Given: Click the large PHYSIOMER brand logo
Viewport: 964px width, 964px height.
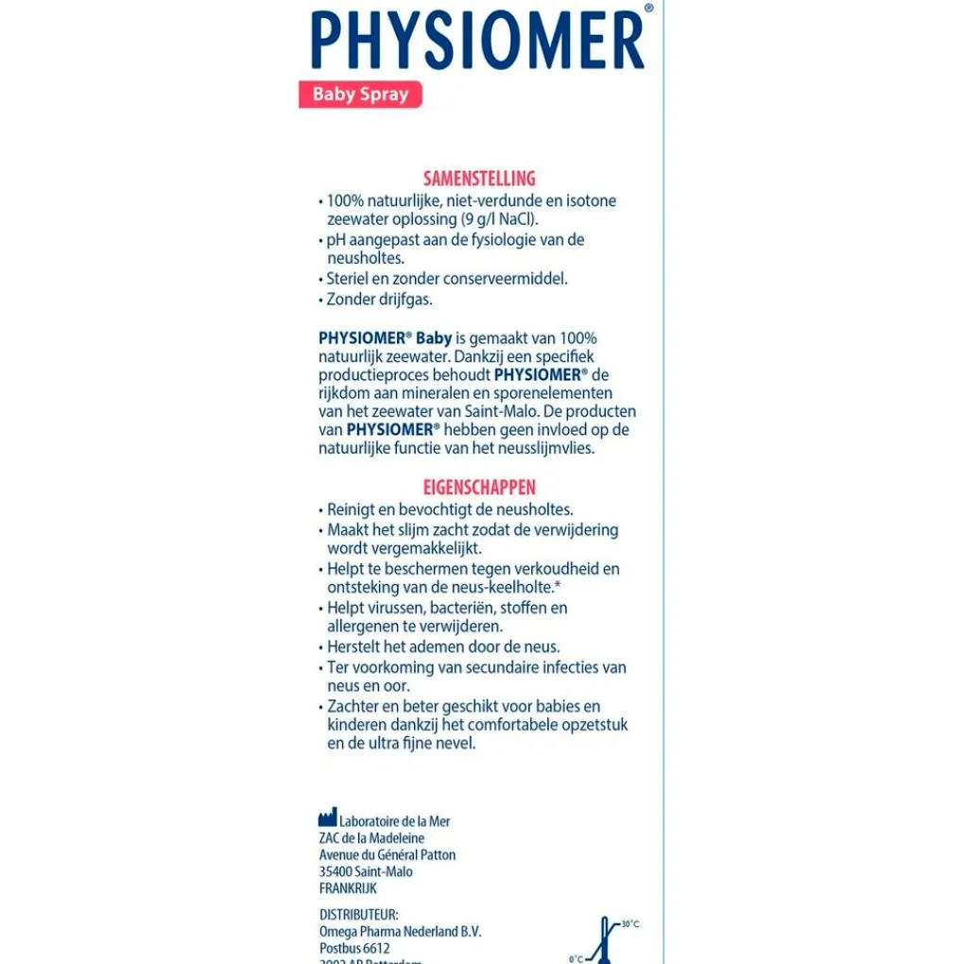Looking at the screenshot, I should pos(477,40).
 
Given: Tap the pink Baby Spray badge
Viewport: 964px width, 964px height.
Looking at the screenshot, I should pos(360,95).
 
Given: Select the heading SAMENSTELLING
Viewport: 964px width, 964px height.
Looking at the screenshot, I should pos(479,178).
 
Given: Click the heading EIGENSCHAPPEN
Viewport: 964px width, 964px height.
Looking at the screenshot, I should pos(479,488).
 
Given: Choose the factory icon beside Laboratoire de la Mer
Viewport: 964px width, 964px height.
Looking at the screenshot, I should pos(327,818).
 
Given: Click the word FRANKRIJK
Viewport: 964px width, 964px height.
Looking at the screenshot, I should pos(348,888).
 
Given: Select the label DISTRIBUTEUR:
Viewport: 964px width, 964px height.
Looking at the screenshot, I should pos(359,915).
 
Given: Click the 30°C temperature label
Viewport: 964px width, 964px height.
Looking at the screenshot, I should pos(629,923).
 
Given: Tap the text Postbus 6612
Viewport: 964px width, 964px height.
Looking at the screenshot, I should pos(354,948).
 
